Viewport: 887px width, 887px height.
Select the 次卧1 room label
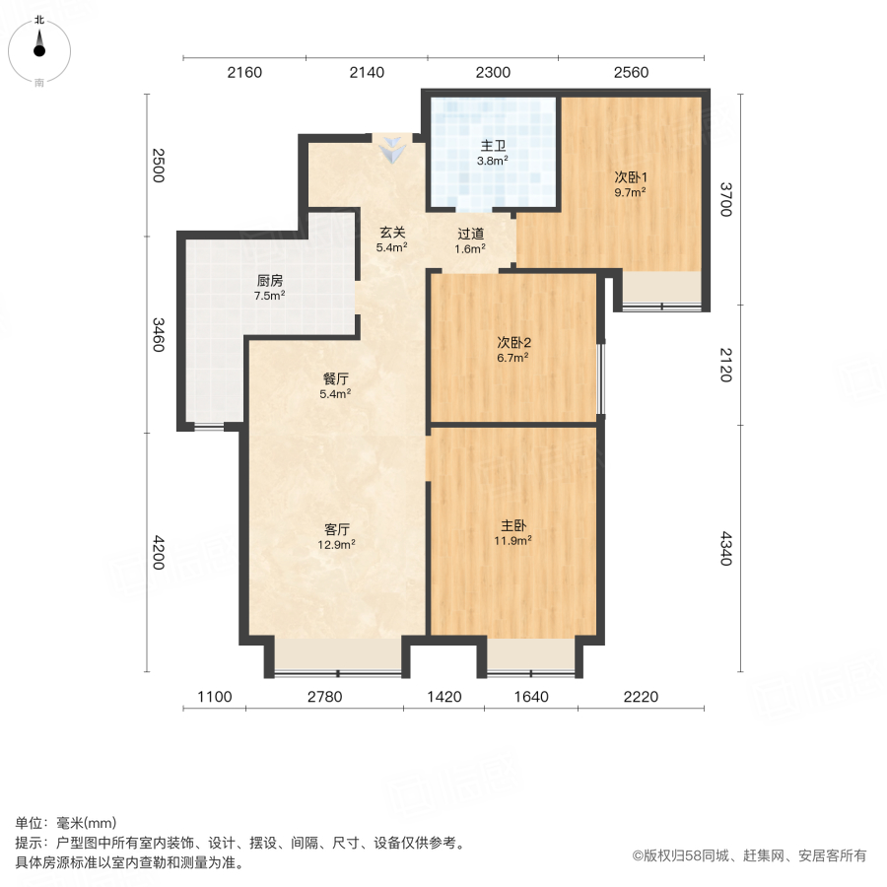click(x=630, y=177)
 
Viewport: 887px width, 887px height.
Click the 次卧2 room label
click(x=513, y=343)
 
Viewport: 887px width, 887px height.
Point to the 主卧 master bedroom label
click(x=512, y=525)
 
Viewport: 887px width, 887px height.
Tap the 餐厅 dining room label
click(x=336, y=378)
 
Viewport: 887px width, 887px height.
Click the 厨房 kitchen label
click(x=269, y=280)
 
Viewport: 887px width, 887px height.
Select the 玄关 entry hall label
click(x=393, y=234)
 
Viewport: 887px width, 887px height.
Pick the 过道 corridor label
click(x=470, y=235)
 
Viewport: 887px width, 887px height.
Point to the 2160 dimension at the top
click(x=244, y=72)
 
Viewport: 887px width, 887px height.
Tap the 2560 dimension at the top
click(x=631, y=72)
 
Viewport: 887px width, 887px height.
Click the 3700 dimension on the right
click(x=725, y=199)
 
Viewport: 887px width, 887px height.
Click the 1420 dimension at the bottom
click(x=443, y=697)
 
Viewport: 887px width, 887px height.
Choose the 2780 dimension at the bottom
click(x=323, y=697)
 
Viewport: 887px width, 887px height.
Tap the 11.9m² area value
click(x=512, y=540)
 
